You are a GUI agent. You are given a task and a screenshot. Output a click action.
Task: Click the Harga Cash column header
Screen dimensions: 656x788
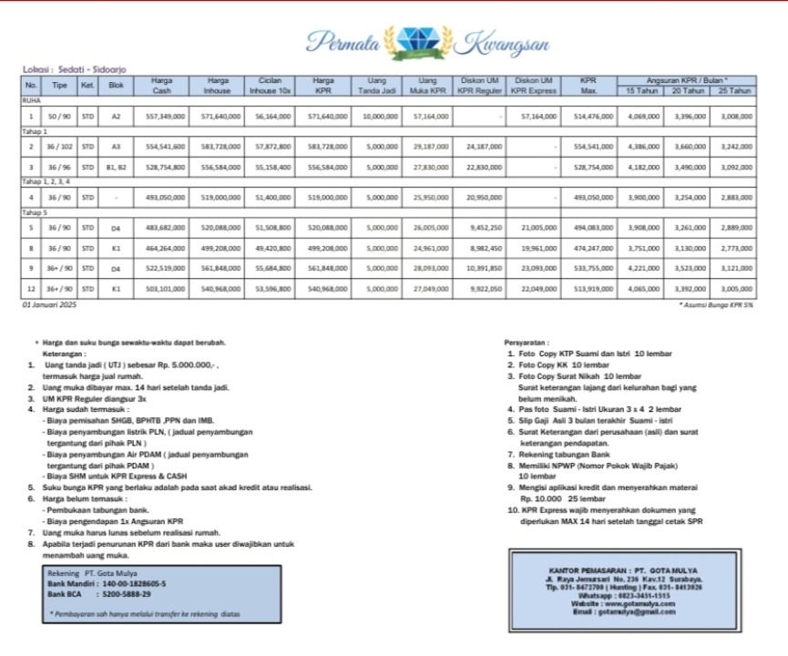coord(161,86)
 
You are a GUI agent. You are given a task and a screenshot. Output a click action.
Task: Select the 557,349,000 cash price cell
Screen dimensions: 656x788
coord(165,117)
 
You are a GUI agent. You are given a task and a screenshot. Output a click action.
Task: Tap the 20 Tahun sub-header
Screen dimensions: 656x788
coord(689,91)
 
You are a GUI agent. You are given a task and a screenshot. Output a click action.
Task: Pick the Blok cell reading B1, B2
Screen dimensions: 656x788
coord(116,168)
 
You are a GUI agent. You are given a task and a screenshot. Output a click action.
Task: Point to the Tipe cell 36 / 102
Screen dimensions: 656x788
coord(60,146)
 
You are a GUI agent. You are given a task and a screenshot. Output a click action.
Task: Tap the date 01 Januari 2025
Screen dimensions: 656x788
coord(49,304)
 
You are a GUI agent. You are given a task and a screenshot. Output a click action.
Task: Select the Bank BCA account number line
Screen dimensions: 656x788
coord(99,594)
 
